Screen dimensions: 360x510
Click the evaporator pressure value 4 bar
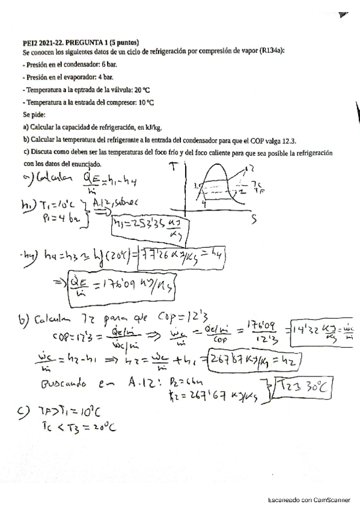tap(105, 76)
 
